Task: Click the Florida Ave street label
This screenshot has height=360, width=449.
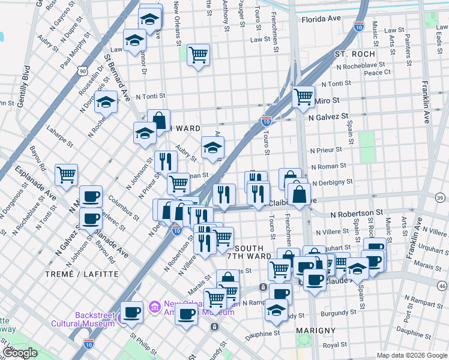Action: pyautogui.click(x=321, y=19)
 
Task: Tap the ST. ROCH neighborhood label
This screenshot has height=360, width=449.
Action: pyautogui.click(x=354, y=54)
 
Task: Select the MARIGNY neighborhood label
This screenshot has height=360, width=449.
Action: pyautogui.click(x=316, y=331)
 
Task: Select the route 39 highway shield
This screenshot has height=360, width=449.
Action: pyautogui.click(x=440, y=198)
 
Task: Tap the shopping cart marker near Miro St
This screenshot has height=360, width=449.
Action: pyautogui.click(x=304, y=96)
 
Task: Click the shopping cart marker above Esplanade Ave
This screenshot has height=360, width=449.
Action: pyautogui.click(x=67, y=175)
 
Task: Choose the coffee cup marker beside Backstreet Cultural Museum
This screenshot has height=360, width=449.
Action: pyautogui.click(x=131, y=311)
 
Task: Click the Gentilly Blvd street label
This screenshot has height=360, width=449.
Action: pyautogui.click(x=23, y=85)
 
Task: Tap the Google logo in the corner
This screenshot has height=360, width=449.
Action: pyautogui.click(x=20, y=353)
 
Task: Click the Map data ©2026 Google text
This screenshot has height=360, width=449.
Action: pyautogui.click(x=411, y=355)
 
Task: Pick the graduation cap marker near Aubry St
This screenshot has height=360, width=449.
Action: pyautogui.click(x=212, y=148)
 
